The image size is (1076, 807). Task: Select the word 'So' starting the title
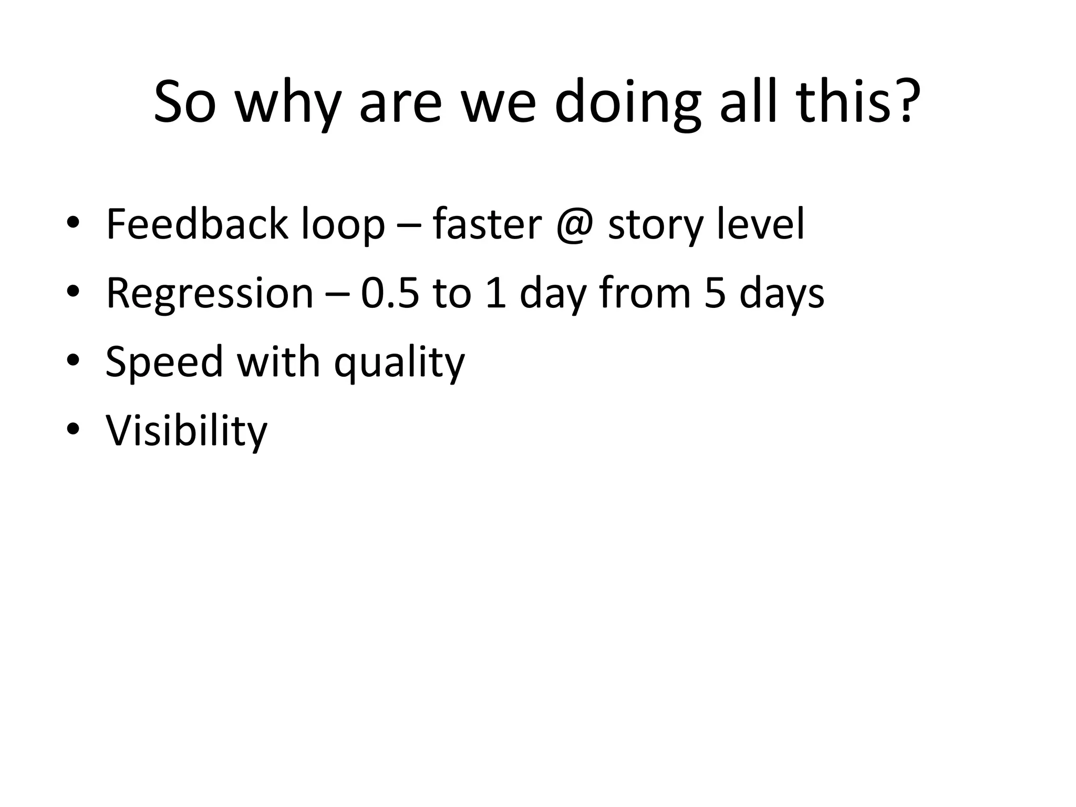coord(184,102)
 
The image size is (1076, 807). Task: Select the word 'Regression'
coord(210,294)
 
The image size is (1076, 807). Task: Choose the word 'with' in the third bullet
coord(278,362)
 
